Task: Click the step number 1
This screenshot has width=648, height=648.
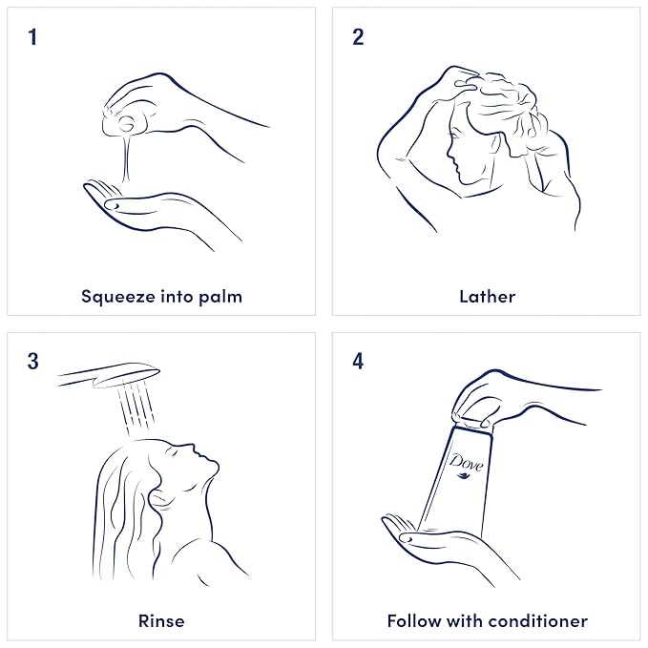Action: (32, 37)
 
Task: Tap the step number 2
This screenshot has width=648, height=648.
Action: (358, 37)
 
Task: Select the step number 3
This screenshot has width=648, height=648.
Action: (33, 361)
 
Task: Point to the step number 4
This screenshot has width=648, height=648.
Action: (358, 361)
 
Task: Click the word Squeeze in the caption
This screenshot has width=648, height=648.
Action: (118, 297)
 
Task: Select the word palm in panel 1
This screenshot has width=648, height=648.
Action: (220, 297)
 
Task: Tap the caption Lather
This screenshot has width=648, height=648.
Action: (488, 297)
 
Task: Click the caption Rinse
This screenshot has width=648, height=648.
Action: (161, 621)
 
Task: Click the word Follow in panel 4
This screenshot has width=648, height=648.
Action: (413, 621)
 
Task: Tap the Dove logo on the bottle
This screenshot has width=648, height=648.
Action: (466, 466)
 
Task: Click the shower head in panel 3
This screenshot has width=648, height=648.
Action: (110, 374)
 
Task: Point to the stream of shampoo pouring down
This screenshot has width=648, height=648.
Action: (127, 158)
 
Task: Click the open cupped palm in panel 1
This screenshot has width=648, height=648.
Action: (136, 207)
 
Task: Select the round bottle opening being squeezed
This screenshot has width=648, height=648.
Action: (126, 123)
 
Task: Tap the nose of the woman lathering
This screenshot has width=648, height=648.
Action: (450, 153)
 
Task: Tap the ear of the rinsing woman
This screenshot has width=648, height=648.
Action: (158, 498)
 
